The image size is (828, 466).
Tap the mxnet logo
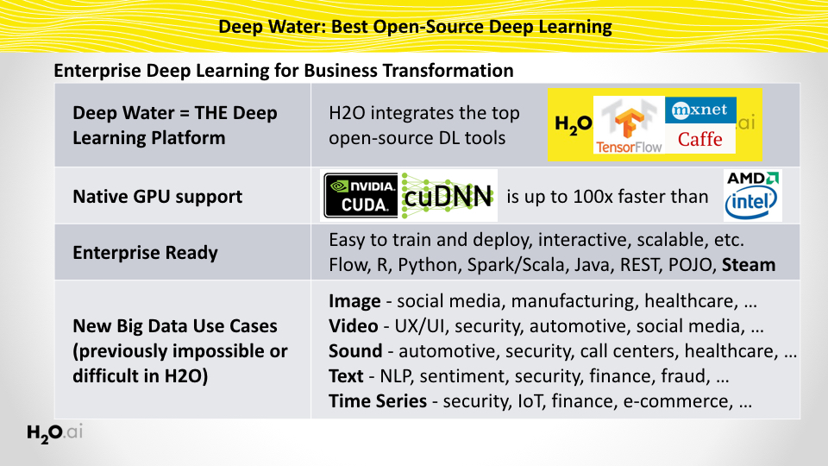pos(700,110)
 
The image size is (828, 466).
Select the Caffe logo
pos(699,139)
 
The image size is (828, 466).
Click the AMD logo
pos(753,179)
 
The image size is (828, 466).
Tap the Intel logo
pos(752,204)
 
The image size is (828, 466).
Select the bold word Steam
pos(750,265)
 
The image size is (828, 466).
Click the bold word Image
pos(354,302)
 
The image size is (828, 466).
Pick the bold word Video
pos(354,326)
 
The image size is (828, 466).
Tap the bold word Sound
pos(355,351)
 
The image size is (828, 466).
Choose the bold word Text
pos(347,376)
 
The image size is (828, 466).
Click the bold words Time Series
pos(378,400)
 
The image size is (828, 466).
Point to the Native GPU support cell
pos(158,197)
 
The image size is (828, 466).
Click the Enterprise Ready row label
pos(146,253)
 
